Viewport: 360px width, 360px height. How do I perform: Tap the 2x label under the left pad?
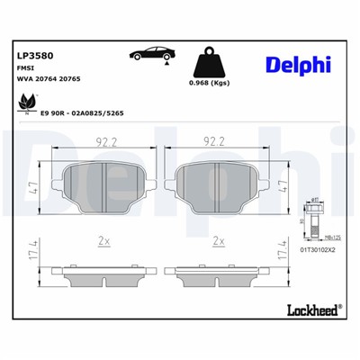(x=103, y=241)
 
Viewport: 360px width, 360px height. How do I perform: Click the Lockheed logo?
(x=311, y=310)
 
